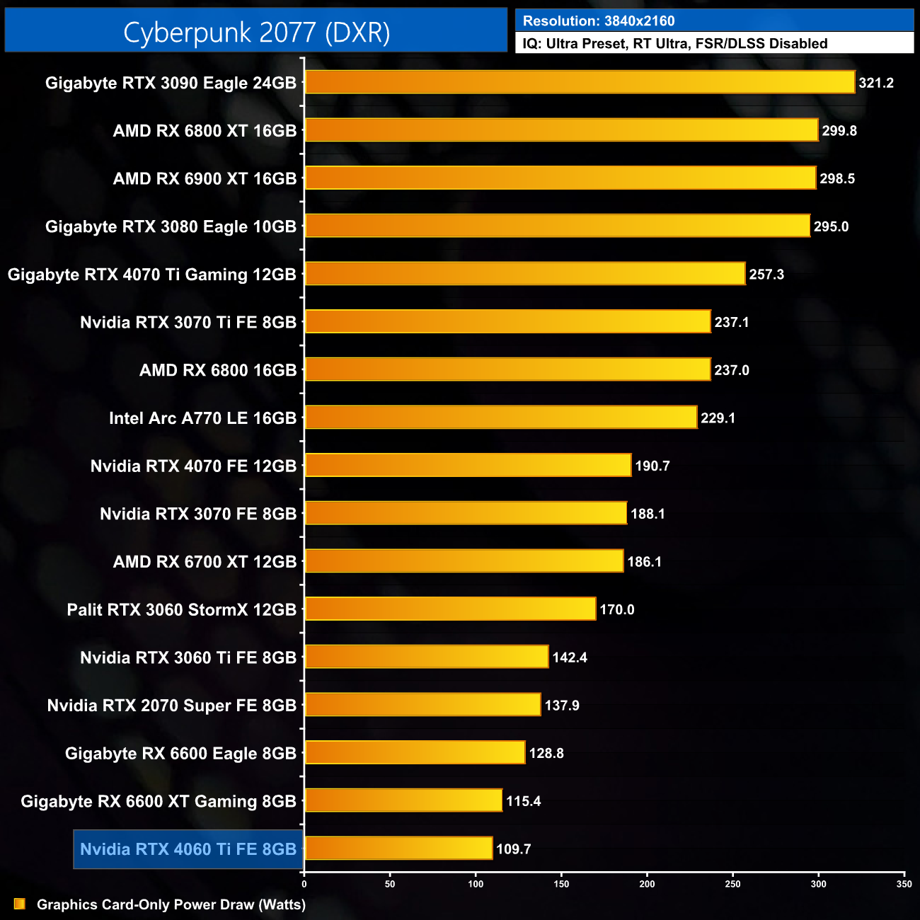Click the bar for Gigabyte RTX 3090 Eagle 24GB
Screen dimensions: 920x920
point(579,82)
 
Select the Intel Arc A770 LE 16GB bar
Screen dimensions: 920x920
point(500,418)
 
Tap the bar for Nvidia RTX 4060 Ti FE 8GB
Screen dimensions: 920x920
point(398,848)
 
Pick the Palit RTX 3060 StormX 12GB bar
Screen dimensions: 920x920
point(450,609)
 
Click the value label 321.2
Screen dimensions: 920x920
point(876,83)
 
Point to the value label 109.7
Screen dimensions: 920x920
point(514,849)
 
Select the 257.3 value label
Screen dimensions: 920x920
point(766,275)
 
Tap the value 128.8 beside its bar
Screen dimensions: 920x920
point(546,753)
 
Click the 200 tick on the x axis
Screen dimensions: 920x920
point(647,884)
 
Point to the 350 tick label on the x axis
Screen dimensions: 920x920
point(904,884)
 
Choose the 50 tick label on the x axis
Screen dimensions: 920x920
point(390,884)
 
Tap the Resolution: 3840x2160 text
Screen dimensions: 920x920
point(599,21)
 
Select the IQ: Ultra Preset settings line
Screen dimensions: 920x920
point(674,44)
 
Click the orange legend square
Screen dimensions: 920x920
point(20,904)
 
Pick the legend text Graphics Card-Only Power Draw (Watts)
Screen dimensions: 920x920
point(171,904)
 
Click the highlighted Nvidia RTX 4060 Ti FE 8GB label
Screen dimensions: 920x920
point(188,849)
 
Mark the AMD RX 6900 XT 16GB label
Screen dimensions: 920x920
point(205,179)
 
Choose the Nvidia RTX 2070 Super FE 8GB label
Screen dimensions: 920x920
point(172,706)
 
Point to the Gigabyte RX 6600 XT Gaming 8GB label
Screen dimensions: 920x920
point(159,801)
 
